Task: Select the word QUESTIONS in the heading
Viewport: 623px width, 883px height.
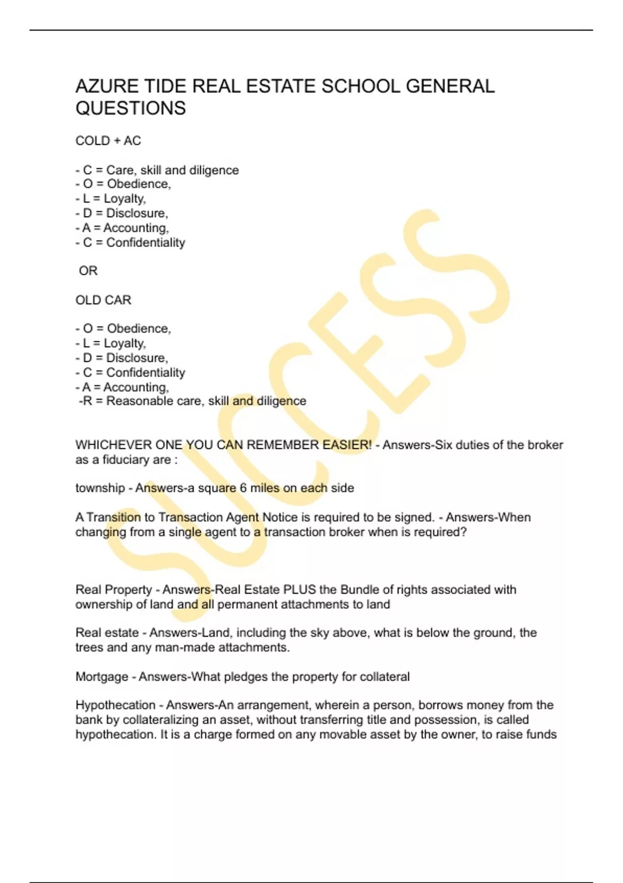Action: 130,109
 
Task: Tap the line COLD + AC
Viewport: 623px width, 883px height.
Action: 108,141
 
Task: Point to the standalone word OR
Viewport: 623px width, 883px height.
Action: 88,271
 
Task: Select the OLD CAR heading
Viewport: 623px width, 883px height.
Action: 103,300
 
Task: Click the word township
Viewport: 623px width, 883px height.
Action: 100,488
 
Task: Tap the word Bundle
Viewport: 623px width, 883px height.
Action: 359,590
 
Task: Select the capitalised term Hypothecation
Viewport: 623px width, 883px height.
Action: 115,705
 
